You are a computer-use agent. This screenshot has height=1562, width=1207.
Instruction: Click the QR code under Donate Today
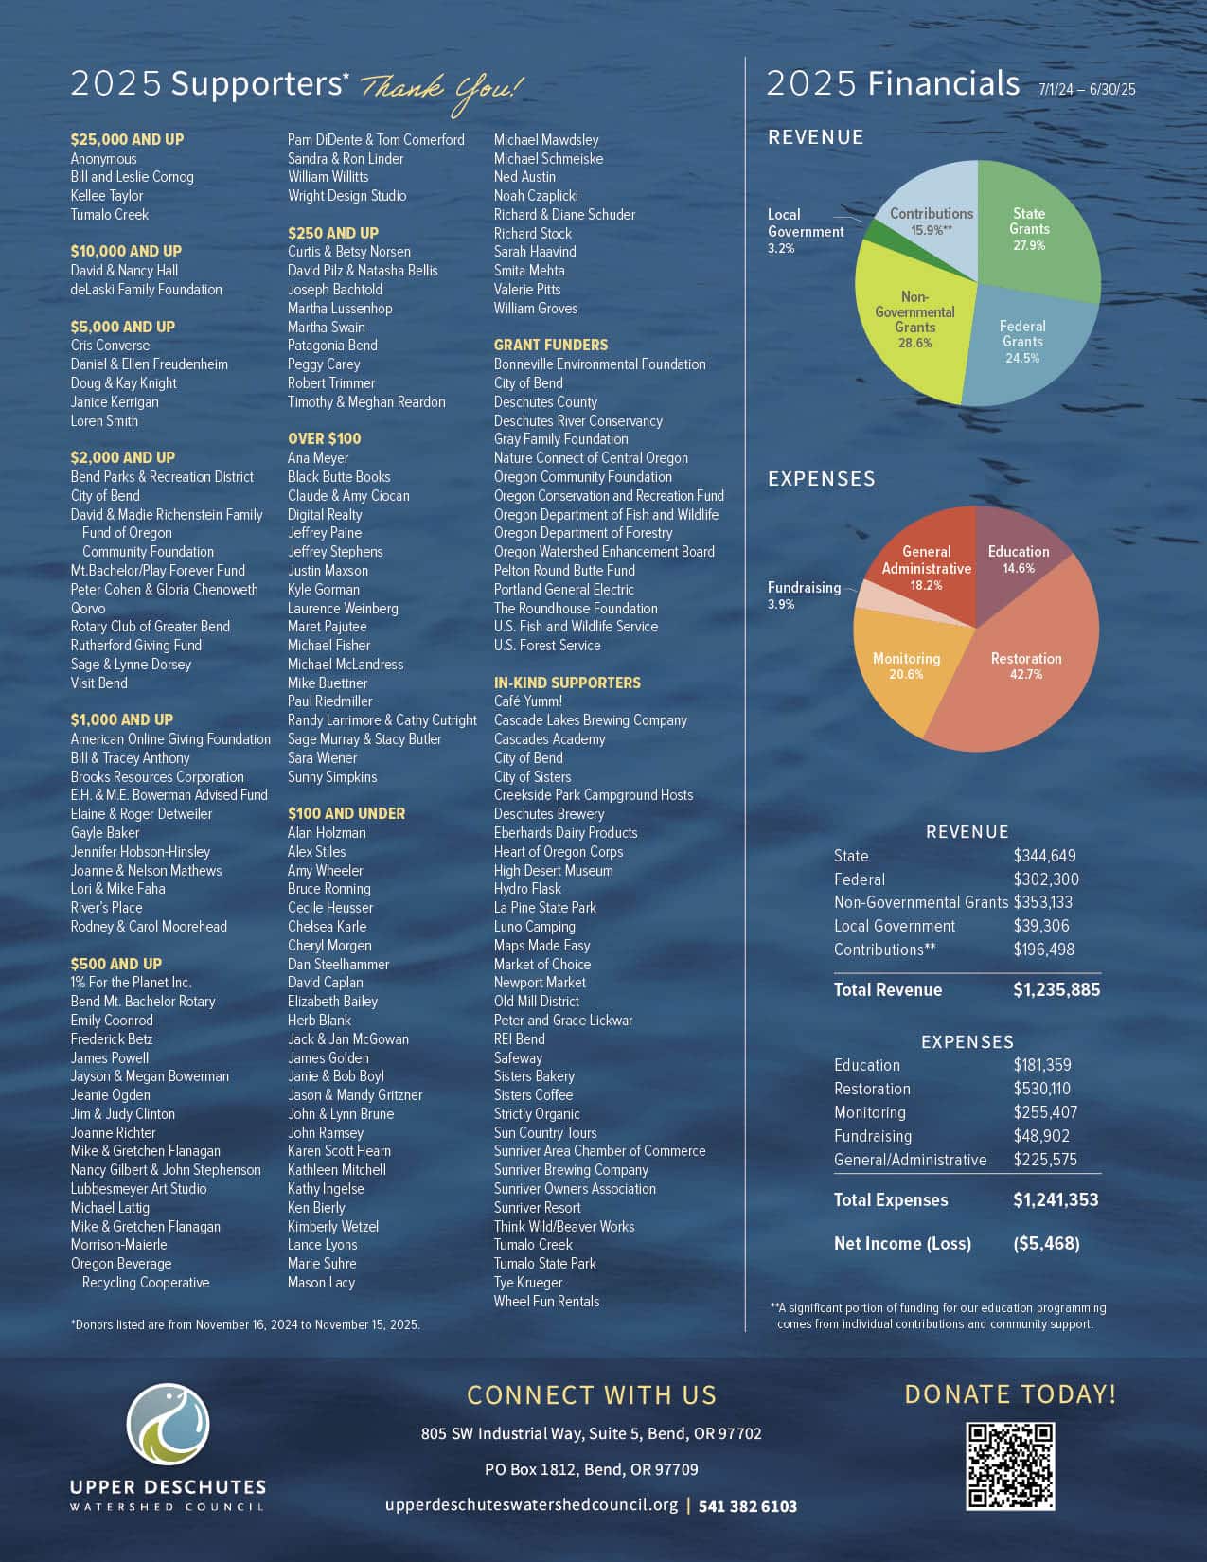click(x=1010, y=1465)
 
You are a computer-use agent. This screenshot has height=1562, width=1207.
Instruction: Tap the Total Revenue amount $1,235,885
click(x=1056, y=989)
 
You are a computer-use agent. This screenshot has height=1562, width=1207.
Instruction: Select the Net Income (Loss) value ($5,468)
click(x=1046, y=1243)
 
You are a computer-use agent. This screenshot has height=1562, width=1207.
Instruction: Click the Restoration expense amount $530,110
click(x=1041, y=1089)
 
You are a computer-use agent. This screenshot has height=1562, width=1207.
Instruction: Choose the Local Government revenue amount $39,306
click(x=1041, y=926)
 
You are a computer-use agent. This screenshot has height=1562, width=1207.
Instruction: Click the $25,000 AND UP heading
click(x=127, y=139)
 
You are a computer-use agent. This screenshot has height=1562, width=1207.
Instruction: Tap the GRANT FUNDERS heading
click(x=551, y=345)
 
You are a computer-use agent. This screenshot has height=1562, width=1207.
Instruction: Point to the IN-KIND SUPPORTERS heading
click(x=567, y=683)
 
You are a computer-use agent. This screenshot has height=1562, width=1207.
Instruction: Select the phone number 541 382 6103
click(x=748, y=1505)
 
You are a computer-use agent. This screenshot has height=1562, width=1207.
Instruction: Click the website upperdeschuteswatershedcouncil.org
click(x=531, y=1505)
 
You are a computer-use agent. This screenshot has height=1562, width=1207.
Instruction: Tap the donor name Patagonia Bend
click(x=332, y=346)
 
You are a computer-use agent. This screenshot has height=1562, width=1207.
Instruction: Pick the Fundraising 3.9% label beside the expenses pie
click(x=803, y=595)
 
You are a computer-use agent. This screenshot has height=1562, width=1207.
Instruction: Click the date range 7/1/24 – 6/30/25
click(x=1087, y=90)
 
